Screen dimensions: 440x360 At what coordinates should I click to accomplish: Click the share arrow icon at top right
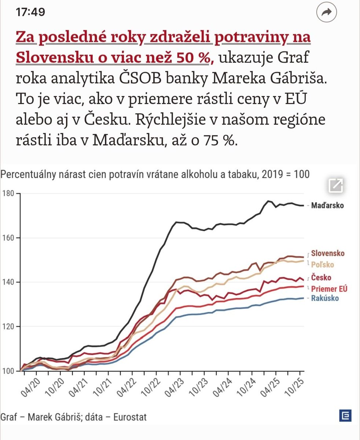pyautogui.click(x=326, y=12)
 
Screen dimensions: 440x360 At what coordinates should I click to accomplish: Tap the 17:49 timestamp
pyautogui.click(x=30, y=12)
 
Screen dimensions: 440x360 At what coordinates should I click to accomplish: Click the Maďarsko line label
pyautogui.click(x=327, y=206)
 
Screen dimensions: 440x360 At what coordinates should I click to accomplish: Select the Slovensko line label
pyautogui.click(x=327, y=253)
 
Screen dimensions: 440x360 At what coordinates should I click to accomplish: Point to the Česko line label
pyautogui.click(x=321, y=278)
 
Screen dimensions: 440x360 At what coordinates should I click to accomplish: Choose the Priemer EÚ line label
pyautogui.click(x=329, y=289)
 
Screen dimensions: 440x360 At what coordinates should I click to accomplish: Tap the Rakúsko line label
pyautogui.click(x=325, y=298)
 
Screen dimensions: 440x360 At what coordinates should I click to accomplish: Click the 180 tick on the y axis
pyautogui.click(x=8, y=193)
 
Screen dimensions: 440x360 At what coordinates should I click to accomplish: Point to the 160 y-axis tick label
pyautogui.click(x=8, y=238)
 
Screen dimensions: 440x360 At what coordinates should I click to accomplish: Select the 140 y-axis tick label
pyautogui.click(x=8, y=282)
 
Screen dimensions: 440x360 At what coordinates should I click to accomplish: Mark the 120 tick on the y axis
pyautogui.click(x=8, y=327)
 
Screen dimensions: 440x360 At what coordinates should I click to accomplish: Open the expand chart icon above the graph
pyautogui.click(x=336, y=185)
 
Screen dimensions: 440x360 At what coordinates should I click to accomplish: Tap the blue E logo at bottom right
pyautogui.click(x=345, y=415)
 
